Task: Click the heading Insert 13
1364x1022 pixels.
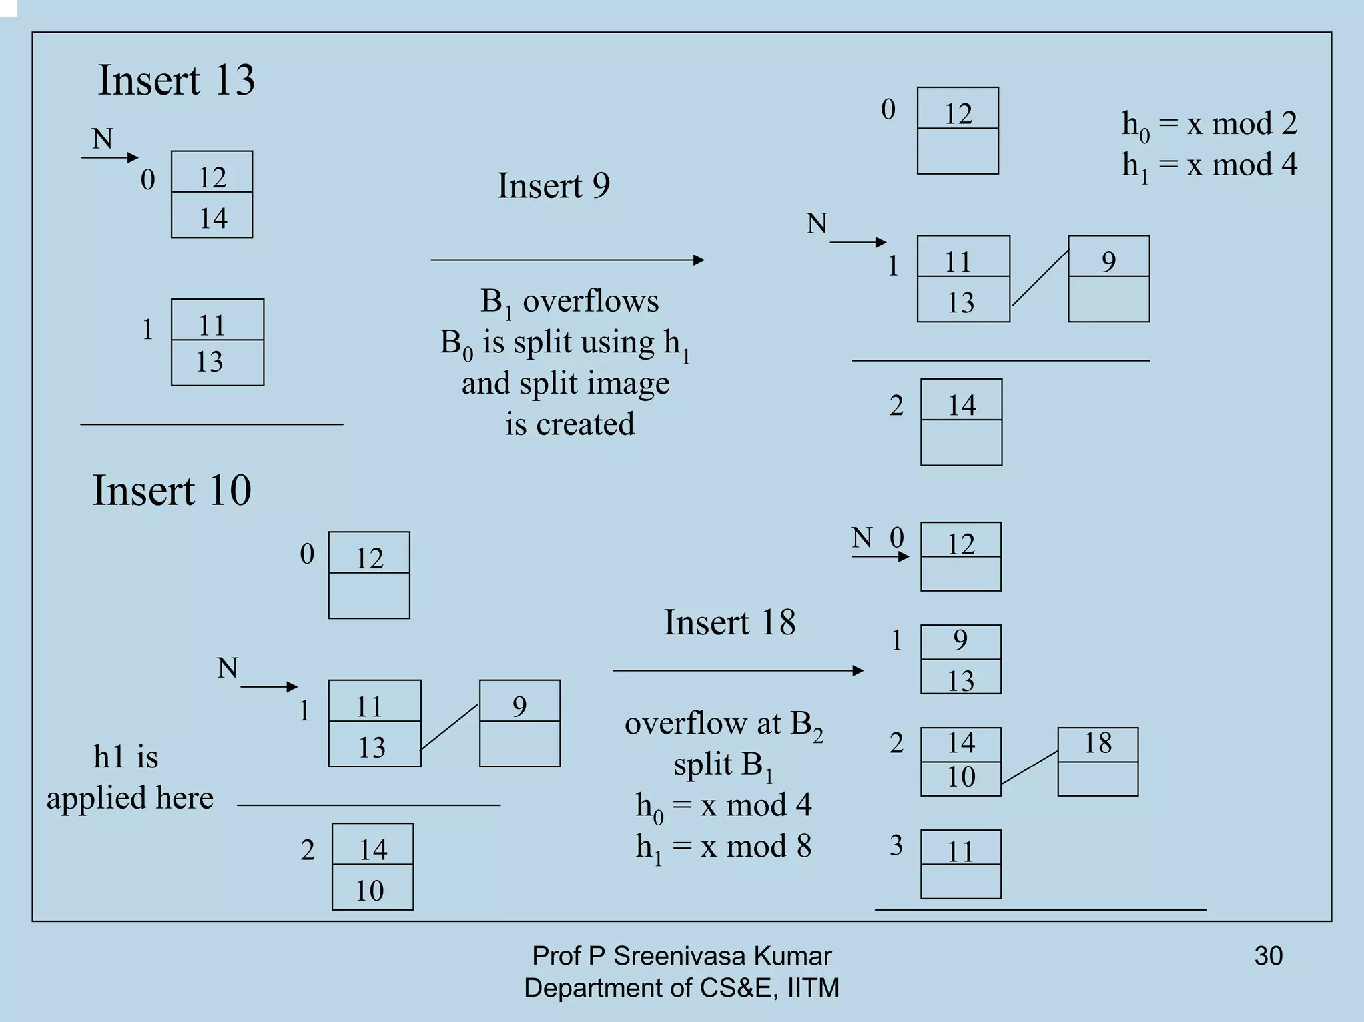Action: point(176,81)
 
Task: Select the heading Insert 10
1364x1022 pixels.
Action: point(172,491)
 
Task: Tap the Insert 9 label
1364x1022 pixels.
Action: point(553,185)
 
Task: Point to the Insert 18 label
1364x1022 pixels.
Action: point(729,622)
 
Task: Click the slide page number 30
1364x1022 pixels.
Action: point(1268,956)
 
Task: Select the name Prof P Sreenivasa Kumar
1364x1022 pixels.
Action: point(681,956)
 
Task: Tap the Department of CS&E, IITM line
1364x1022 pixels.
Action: point(681,987)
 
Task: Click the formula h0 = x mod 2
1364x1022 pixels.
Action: point(1209,125)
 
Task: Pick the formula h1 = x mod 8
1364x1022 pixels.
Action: point(723,847)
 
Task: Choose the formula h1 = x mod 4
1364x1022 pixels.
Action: point(1209,165)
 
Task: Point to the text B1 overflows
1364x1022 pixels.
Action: point(569,302)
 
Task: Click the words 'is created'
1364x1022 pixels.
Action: point(569,424)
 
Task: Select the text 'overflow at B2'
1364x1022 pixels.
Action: point(723,724)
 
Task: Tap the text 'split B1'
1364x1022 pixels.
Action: point(723,766)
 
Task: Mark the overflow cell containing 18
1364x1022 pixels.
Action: point(1098,744)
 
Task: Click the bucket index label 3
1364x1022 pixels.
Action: point(896,845)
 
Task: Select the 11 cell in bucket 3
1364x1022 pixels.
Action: point(960,851)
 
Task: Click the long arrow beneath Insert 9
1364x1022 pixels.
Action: point(567,260)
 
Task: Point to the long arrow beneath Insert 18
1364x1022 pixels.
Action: point(738,670)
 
